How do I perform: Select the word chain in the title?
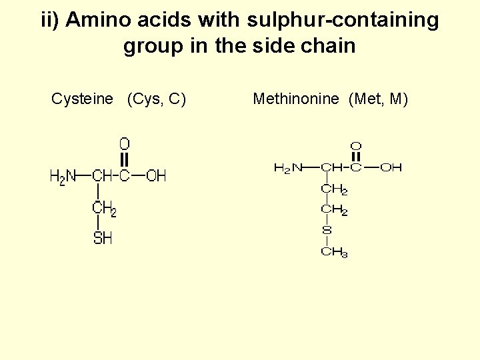tap(328, 46)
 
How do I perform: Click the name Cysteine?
tap(82, 99)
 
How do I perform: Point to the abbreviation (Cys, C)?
tap(156, 99)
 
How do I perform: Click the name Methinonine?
tap(296, 99)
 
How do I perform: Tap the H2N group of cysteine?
tap(62, 176)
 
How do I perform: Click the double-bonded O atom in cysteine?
tap(125, 144)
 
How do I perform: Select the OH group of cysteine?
tap(156, 176)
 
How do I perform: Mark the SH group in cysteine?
tap(103, 237)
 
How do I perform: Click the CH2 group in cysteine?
tap(105, 208)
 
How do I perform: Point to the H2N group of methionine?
tap(288, 168)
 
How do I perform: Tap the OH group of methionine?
tap(391, 168)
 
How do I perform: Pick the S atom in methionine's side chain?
tap(327, 231)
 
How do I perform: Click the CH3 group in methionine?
tap(334, 252)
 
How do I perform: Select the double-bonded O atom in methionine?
tap(356, 146)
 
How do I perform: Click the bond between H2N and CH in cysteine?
tap(83, 176)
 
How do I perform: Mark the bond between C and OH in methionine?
tap(371, 168)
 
